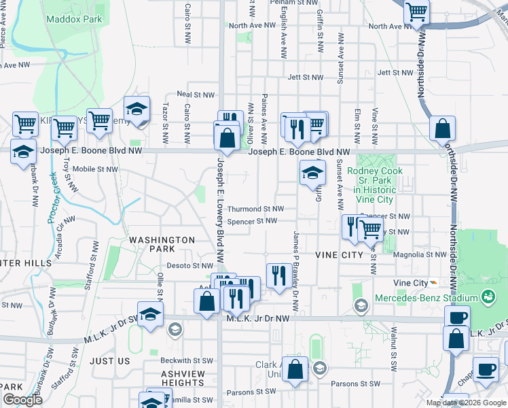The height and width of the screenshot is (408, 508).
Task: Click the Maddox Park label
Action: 74,19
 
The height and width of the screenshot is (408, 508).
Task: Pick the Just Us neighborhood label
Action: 109,361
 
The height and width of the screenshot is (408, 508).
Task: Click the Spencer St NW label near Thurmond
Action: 252,221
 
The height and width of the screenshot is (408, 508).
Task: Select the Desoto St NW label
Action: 190,266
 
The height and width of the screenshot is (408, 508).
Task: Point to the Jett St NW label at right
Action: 396,72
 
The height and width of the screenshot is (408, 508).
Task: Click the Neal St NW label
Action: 196,95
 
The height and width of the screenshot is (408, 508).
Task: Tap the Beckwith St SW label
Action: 187,360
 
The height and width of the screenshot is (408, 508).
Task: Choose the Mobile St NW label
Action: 95,169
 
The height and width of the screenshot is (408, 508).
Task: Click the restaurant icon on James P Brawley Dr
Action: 278,275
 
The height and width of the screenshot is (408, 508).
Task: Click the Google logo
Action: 22,400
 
